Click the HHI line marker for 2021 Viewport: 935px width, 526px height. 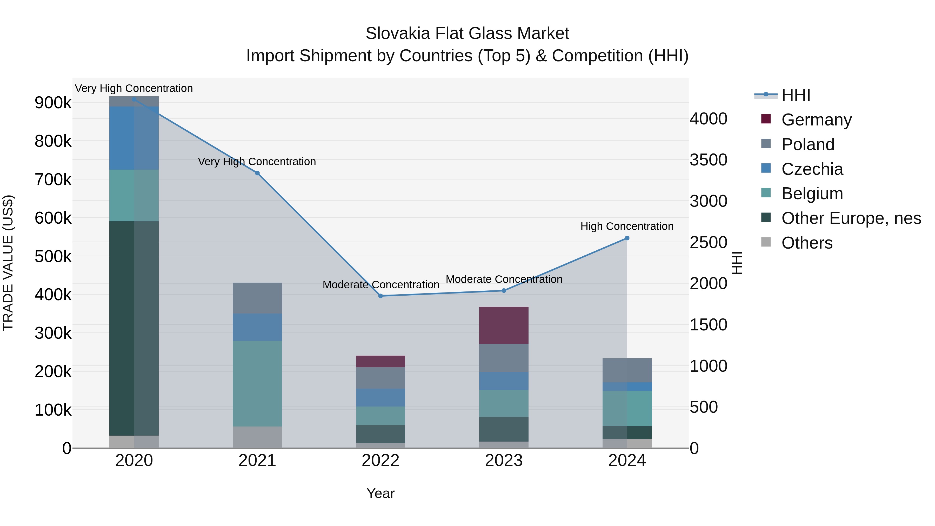click(257, 173)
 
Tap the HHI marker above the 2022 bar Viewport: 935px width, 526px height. click(381, 296)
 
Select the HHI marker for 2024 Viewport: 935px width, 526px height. click(627, 238)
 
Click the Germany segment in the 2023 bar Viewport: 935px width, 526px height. click(504, 325)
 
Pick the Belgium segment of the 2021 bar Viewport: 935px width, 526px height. click(257, 383)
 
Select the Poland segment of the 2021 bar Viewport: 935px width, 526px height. click(257, 298)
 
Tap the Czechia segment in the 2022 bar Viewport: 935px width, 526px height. click(381, 397)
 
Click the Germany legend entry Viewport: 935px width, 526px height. click(816, 120)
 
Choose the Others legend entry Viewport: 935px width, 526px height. click(807, 243)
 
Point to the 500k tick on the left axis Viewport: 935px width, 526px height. click(53, 256)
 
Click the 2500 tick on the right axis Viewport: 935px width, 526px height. click(709, 243)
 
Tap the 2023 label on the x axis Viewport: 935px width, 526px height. click(504, 461)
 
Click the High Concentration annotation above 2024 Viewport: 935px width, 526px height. click(627, 226)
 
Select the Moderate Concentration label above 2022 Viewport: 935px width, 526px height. click(381, 285)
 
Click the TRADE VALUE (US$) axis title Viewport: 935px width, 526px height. click(8, 263)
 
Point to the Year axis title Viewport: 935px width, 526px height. click(380, 493)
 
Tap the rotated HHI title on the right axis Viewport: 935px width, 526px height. click(737, 263)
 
